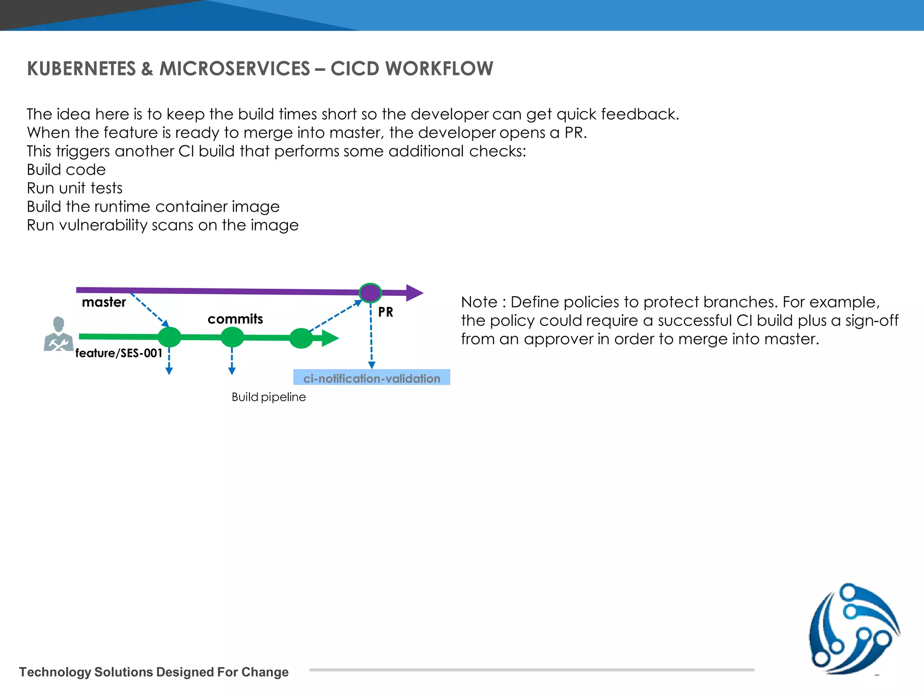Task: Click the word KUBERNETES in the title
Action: [x=81, y=69]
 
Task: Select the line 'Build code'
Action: [x=66, y=170]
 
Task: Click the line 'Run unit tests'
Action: [x=74, y=188]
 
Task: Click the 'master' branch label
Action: [x=104, y=302]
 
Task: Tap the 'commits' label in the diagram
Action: [x=235, y=319]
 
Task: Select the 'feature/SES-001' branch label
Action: [x=119, y=353]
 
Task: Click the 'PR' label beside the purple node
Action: [x=386, y=312]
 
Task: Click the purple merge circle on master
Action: [x=370, y=293]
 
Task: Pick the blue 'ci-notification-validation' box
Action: [x=372, y=378]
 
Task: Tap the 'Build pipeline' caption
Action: [x=268, y=397]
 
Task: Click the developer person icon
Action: [x=58, y=334]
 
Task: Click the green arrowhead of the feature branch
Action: [x=330, y=338]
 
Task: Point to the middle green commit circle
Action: [x=232, y=337]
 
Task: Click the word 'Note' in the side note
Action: [x=479, y=302]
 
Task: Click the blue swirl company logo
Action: [x=854, y=629]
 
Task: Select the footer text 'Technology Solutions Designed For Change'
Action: [x=154, y=672]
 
